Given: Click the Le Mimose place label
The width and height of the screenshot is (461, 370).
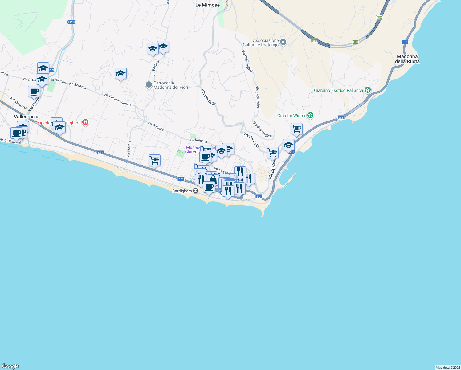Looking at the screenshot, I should click(207, 5).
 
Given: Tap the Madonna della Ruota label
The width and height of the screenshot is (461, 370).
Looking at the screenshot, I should click(407, 59).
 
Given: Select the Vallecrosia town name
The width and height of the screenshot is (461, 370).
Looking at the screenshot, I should click(26, 117).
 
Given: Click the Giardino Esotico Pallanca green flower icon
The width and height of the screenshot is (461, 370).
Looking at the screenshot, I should click(367, 90).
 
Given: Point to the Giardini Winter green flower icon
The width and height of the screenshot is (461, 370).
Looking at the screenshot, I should click(310, 116).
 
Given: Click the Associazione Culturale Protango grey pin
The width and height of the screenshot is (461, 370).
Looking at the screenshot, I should click(283, 42).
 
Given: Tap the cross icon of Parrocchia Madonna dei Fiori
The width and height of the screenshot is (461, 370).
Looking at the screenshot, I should click(149, 84).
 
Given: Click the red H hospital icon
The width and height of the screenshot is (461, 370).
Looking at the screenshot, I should click(85, 122).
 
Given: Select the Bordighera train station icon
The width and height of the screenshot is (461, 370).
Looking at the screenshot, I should click(195, 191).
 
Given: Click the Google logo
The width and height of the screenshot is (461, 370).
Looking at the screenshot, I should click(10, 366).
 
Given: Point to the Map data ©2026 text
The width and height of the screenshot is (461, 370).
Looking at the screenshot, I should click(447, 368).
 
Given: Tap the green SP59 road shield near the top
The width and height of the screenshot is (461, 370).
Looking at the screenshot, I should click(71, 22).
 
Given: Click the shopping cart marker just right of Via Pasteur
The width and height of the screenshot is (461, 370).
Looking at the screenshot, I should click(154, 160).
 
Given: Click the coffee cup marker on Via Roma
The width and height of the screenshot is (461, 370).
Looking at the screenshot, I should click(34, 92).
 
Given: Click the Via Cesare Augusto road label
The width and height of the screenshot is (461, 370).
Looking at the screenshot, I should click(118, 100).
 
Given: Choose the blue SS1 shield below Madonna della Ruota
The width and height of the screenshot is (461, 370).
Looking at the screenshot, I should click(405, 42).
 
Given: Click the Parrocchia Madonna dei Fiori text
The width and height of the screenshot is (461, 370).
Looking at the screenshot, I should click(170, 85).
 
